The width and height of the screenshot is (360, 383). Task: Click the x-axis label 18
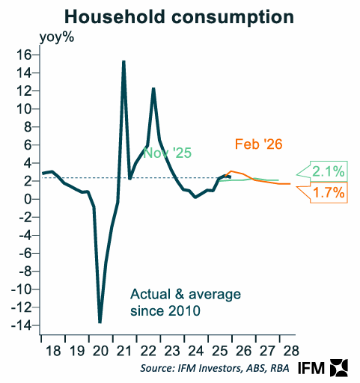(50, 350)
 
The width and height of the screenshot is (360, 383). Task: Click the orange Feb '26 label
(258, 144)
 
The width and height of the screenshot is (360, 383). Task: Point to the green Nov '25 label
(167, 153)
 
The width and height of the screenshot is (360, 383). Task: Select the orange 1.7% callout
(327, 193)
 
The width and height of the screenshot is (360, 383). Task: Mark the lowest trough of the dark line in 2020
(100, 322)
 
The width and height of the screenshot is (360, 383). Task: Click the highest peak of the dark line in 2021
(123, 61)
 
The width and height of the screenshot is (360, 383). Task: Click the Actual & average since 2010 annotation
(165, 301)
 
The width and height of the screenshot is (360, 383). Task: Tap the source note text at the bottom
(213, 370)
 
